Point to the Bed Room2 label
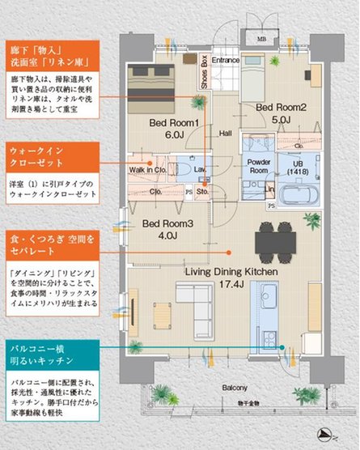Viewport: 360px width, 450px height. point(281,107)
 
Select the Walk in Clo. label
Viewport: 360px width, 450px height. point(148,170)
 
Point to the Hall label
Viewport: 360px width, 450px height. point(225,134)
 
